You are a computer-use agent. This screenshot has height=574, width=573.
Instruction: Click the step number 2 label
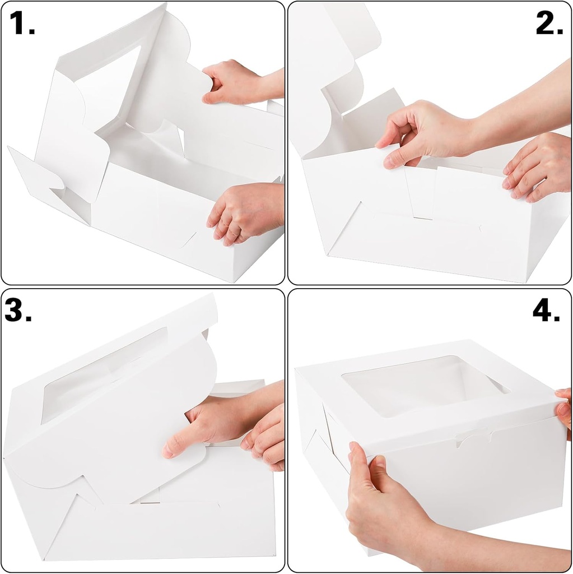coord(549,24)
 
